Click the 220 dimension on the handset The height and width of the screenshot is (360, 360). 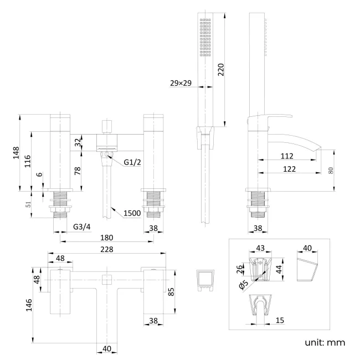tap(220, 70)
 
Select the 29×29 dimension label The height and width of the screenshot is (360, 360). tap(181, 83)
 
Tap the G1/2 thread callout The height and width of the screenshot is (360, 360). tap(133, 162)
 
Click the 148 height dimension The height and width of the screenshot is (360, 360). tap(16, 153)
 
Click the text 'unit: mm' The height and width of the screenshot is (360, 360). tap(325, 342)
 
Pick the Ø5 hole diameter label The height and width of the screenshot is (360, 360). tap(244, 285)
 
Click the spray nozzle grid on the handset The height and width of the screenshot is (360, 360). tap(205, 37)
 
